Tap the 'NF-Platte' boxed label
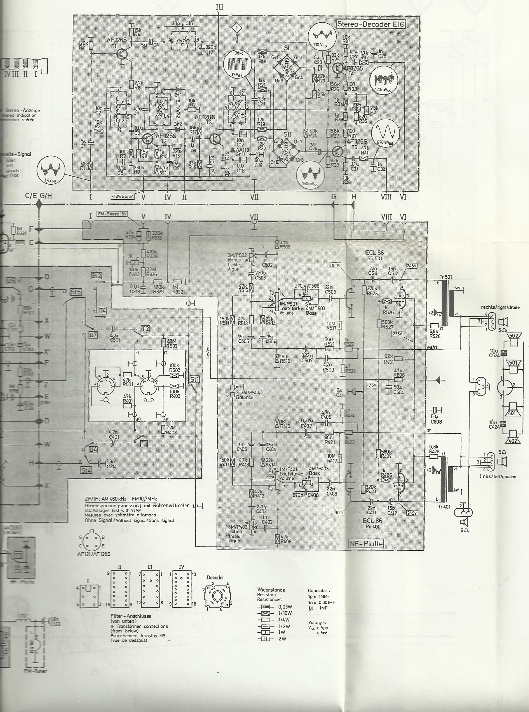366,544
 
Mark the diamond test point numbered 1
237,28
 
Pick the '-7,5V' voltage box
372,385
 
